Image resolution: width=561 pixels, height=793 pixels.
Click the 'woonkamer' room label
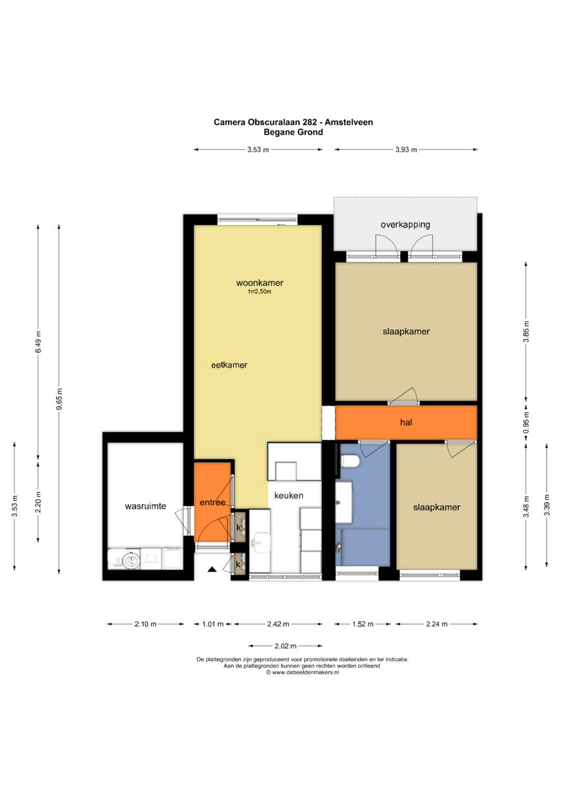pyautogui.click(x=260, y=283)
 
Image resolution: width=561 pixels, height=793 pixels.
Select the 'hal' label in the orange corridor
pyautogui.click(x=406, y=422)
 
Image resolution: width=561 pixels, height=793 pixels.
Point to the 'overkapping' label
pyautogui.click(x=405, y=224)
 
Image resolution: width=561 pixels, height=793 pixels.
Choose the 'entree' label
pyautogui.click(x=212, y=502)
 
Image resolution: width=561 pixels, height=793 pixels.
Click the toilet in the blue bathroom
pyautogui.click(x=350, y=461)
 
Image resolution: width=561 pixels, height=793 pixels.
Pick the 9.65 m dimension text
pyautogui.click(x=59, y=399)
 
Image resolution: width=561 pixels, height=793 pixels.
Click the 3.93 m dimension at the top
pyautogui.click(x=406, y=150)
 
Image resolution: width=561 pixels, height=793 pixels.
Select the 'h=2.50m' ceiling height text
pyautogui.click(x=260, y=292)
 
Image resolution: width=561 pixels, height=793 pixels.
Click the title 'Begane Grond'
pyautogui.click(x=293, y=132)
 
